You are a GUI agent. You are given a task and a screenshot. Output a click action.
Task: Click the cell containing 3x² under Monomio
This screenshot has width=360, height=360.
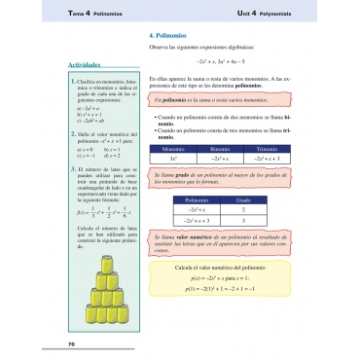click(172, 156)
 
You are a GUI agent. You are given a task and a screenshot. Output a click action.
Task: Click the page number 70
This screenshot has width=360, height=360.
click(71, 344)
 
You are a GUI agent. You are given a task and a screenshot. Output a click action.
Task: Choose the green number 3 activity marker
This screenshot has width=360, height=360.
click(72, 169)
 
